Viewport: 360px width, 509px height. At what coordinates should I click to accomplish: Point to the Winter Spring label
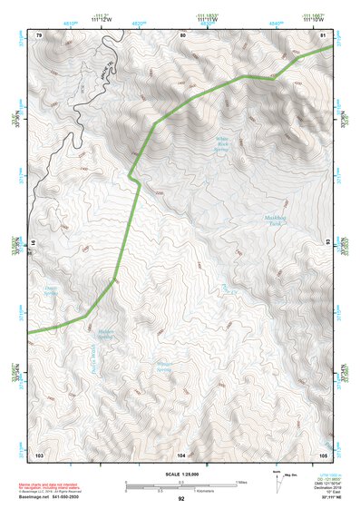coord(163,367)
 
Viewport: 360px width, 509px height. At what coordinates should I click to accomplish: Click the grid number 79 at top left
coord(39,34)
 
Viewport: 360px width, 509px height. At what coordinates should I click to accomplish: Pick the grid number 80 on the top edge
coord(183,34)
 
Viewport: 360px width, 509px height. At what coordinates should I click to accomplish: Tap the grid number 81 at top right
coord(323,34)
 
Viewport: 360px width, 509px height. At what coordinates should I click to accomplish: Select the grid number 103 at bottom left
coord(39,453)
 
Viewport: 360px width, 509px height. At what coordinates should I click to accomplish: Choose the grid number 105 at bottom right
coord(323,453)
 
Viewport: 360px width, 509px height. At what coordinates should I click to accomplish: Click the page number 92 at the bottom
coord(181,499)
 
